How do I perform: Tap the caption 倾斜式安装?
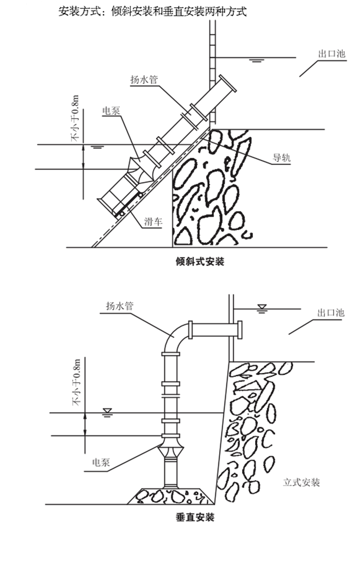[x=200, y=261]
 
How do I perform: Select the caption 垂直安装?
[x=195, y=518]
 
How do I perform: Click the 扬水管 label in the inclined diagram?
[x=144, y=79]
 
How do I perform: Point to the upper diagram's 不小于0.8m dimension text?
[x=75, y=118]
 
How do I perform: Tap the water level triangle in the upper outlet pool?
[x=255, y=60]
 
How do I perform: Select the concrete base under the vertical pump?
[x=170, y=496]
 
